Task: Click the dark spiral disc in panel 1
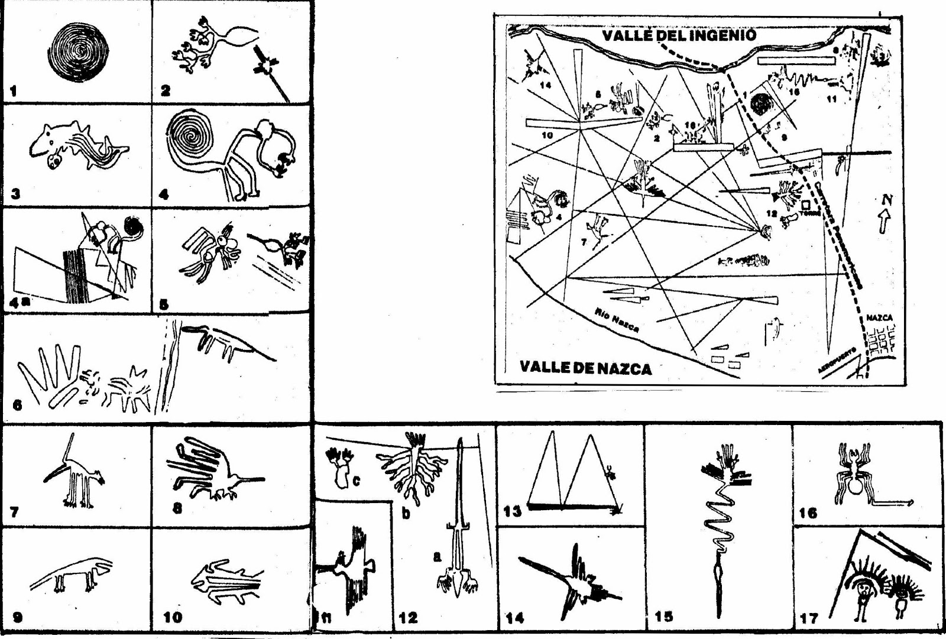[79, 52]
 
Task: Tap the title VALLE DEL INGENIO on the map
[679, 35]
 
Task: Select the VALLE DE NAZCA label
[585, 368]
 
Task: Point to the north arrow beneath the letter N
[884, 223]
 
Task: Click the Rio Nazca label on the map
[617, 320]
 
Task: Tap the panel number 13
[513, 511]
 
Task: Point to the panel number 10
[173, 618]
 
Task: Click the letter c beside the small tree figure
[356, 482]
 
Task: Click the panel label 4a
[20, 303]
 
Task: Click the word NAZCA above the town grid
[879, 318]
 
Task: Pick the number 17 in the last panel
[808, 619]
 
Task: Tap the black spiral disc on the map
[762, 105]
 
